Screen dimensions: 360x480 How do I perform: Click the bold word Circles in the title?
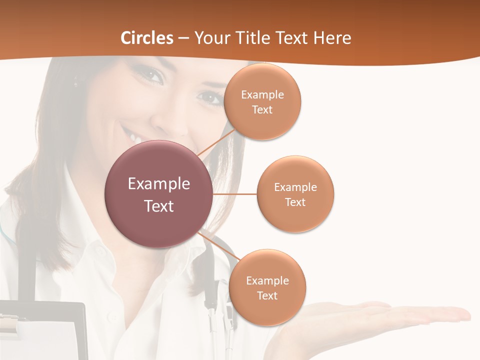pos(146,38)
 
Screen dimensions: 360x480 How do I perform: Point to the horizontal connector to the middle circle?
pos(235,194)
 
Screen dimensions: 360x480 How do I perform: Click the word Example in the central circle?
pos(159,184)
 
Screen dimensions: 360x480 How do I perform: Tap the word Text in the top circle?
pos(262,110)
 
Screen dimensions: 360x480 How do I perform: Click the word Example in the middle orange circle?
pos(295,187)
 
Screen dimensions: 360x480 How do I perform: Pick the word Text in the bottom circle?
pos(267,296)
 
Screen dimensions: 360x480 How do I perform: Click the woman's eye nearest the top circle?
pos(212,97)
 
